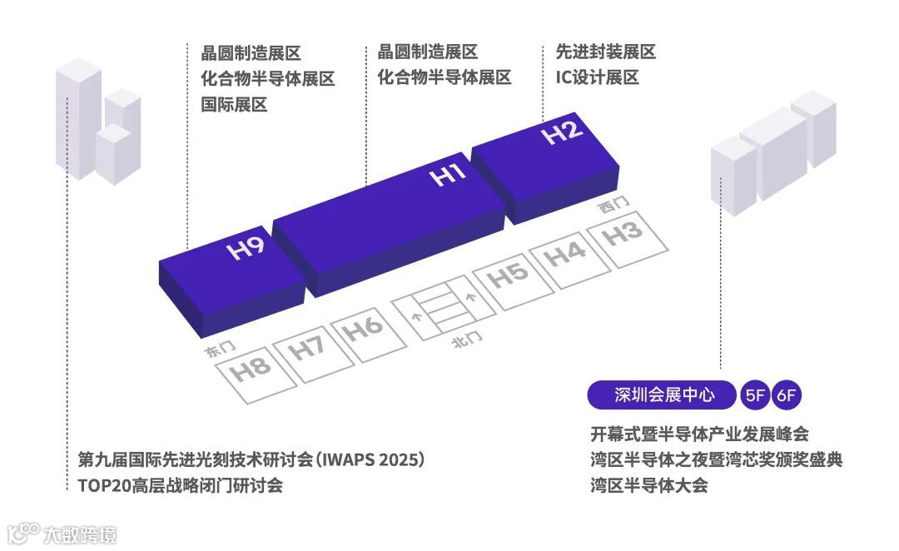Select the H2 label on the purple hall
[x=563, y=133]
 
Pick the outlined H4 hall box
[x=565, y=254]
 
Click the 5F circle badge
[x=755, y=396]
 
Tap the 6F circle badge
[x=787, y=396]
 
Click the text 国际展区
[x=234, y=105]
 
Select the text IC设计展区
[x=597, y=78]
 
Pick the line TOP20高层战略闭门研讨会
[x=180, y=485]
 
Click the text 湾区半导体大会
[x=649, y=485]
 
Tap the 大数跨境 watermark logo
[x=62, y=533]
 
